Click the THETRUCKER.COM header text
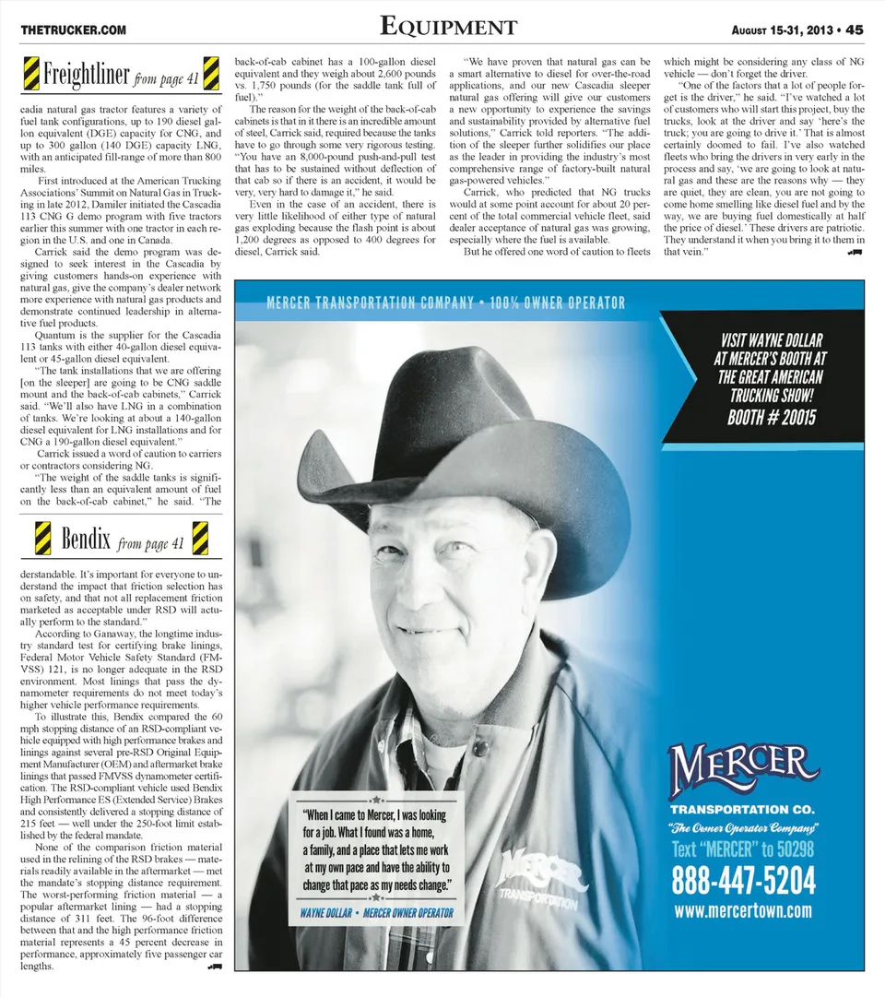pyautogui.click(x=74, y=30)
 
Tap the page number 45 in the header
pyautogui.click(x=855, y=29)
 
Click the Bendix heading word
pyautogui.click(x=86, y=538)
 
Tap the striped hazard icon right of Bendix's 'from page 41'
pyautogui.click(x=200, y=538)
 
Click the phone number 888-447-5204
pyautogui.click(x=743, y=882)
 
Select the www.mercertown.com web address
pyautogui.click(x=743, y=911)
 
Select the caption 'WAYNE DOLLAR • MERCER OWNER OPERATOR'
pyautogui.click(x=376, y=913)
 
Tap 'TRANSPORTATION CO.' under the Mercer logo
pyautogui.click(x=743, y=809)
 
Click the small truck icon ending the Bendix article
pyautogui.click(x=215, y=967)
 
